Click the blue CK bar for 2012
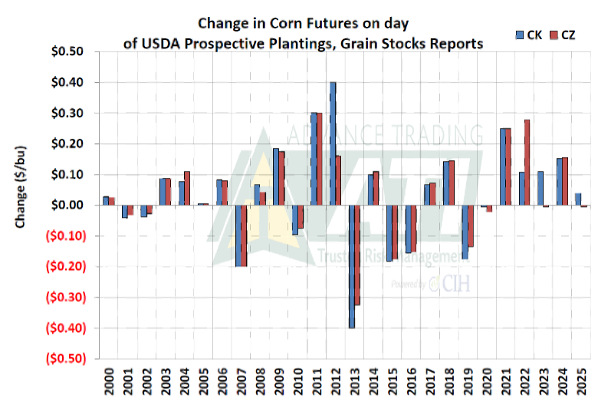[333, 143]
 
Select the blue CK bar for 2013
[351, 266]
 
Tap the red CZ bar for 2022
[527, 163]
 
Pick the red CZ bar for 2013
[357, 255]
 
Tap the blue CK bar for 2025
[577, 199]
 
